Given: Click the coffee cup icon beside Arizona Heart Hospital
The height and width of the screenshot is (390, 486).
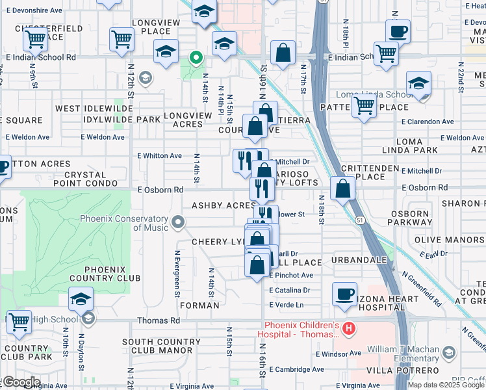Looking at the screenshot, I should tap(344, 293).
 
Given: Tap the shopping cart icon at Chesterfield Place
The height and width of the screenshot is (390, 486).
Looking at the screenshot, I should tap(35, 39).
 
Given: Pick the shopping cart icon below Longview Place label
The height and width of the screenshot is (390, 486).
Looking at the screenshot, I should tap(122, 39).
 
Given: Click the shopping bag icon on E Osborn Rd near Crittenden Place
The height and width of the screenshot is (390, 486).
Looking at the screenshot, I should tap(342, 188).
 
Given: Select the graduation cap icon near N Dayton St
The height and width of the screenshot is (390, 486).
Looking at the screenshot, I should tap(81, 298).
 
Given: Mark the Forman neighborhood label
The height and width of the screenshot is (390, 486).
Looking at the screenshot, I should tap(199, 305).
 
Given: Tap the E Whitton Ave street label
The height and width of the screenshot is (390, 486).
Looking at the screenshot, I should tap(159, 156).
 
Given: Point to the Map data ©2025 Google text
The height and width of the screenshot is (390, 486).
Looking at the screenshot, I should tap(446, 385).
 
